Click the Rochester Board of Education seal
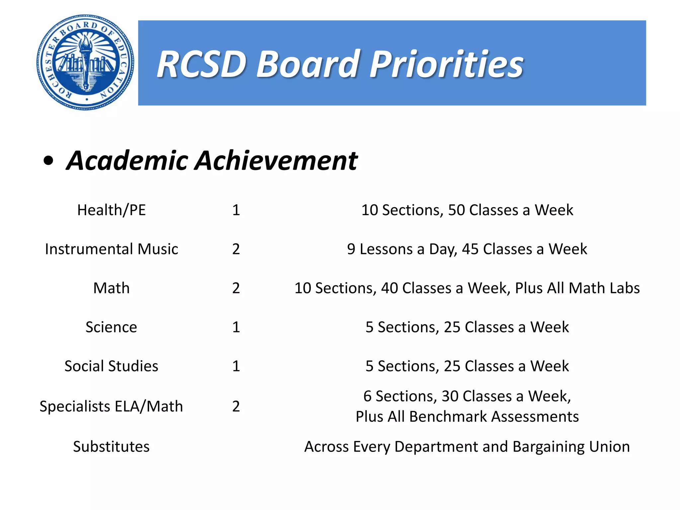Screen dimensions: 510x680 click(x=85, y=62)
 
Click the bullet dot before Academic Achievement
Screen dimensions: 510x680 click(x=48, y=161)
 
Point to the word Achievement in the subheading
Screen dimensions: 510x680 click(x=276, y=161)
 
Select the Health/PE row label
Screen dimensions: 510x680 click(x=112, y=210)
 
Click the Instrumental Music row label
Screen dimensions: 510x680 click(x=112, y=249)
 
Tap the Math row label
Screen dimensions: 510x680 click(x=112, y=288)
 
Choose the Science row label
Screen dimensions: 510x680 click(x=112, y=327)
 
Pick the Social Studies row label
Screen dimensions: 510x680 click(x=112, y=366)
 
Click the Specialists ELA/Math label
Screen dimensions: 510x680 click(x=112, y=406)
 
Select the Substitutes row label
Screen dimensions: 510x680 click(x=112, y=447)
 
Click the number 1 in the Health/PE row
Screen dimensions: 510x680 click(x=236, y=210)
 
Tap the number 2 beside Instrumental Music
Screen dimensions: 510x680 click(x=236, y=249)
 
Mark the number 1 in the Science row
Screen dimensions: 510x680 click(x=236, y=327)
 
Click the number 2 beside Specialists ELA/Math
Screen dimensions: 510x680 click(x=236, y=406)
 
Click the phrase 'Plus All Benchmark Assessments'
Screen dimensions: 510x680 click(x=467, y=416)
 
